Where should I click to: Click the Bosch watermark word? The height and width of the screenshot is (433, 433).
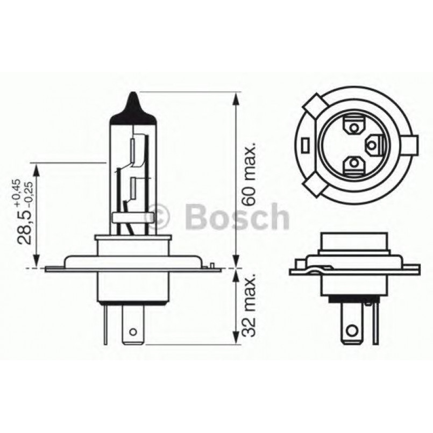237,216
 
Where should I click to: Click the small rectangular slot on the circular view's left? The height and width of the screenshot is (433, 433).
304,146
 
